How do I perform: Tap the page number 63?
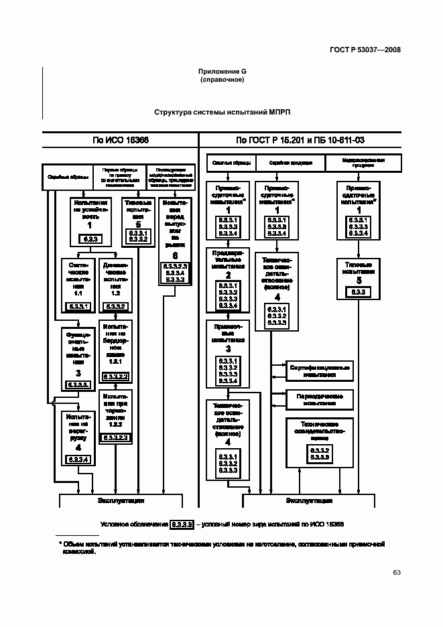pyautogui.click(x=396, y=572)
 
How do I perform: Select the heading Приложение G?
pyautogui.click(x=221, y=71)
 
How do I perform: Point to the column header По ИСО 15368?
pyautogui.click(x=121, y=140)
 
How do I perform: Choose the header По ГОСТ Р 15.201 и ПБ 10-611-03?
pyautogui.click(x=300, y=140)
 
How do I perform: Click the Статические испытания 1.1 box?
pyautogui.click(x=74, y=285)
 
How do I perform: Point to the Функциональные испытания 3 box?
pyautogui.click(x=78, y=358)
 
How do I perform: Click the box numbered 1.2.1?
pyautogui.click(x=115, y=351)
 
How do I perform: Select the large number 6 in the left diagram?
pyautogui.click(x=175, y=256)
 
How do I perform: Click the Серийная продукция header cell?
pyautogui.click(x=290, y=163)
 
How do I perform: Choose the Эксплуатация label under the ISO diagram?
pyautogui.click(x=122, y=500)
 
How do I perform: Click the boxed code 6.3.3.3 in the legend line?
pyautogui.click(x=182, y=524)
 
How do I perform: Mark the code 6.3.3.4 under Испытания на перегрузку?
pyautogui.click(x=78, y=458)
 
